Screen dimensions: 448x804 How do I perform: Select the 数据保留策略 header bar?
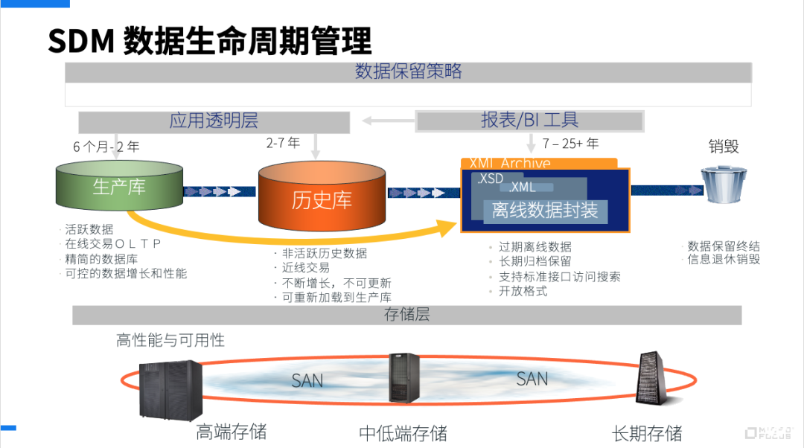coord(408,72)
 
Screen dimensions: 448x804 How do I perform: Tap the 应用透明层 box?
coord(214,121)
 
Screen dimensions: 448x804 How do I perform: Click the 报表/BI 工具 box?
coord(529,121)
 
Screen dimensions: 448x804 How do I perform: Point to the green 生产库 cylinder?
coord(119,186)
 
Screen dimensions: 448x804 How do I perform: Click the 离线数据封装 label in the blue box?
coord(545,211)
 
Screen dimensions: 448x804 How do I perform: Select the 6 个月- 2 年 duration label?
coord(106,147)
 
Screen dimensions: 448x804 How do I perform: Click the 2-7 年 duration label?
coord(283,143)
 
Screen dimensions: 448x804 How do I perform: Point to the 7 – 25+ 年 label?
coord(570,144)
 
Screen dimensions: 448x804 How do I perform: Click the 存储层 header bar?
coord(406,315)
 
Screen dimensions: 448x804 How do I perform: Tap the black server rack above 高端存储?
coord(171,388)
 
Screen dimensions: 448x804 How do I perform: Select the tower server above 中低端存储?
coord(403,378)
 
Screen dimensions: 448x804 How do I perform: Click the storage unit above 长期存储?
coord(649,378)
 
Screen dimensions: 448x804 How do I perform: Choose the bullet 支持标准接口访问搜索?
coord(559,277)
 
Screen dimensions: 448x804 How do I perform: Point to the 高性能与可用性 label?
coord(170,341)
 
